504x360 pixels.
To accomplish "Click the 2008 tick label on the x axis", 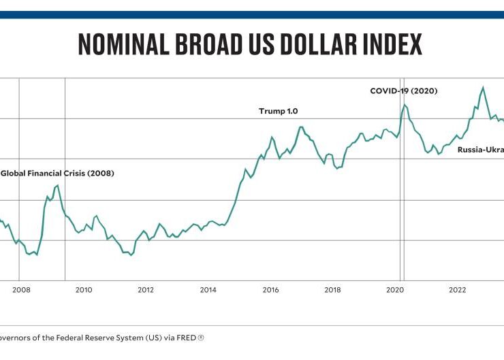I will (x=21, y=289).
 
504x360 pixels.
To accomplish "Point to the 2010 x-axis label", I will (x=83, y=289).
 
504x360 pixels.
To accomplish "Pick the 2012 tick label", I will (x=146, y=289).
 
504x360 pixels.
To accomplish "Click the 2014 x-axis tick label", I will (x=208, y=289).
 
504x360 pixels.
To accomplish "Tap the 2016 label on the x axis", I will (x=270, y=289).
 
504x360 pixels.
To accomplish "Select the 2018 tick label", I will (x=332, y=289).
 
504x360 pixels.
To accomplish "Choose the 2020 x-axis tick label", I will (x=395, y=289).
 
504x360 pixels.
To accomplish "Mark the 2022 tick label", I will (x=457, y=289).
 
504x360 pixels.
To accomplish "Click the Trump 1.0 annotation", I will (x=278, y=111).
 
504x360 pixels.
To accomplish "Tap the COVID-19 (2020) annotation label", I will (x=403, y=91).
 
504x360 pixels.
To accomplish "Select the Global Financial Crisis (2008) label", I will (x=57, y=173).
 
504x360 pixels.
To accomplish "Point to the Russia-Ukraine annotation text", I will (x=480, y=150).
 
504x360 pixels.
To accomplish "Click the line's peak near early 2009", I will (x=58, y=185).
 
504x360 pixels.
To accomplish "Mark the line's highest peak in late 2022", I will (x=483, y=87).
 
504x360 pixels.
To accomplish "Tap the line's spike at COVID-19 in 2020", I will (x=404, y=104).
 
